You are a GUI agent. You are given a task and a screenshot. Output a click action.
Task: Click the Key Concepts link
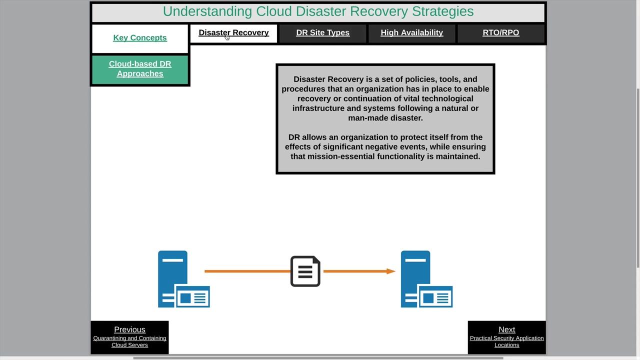click(x=140, y=38)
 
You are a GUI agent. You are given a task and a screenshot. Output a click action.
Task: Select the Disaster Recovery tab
click(x=233, y=33)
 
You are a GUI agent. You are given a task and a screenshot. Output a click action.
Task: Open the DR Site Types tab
click(x=322, y=33)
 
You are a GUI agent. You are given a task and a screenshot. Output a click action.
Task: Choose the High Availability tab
click(x=411, y=33)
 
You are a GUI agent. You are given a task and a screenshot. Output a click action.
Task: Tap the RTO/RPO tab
click(x=500, y=33)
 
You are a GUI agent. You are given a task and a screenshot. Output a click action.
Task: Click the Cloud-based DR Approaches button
click(x=140, y=69)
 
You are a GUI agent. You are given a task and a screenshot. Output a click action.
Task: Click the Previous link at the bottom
click(x=129, y=329)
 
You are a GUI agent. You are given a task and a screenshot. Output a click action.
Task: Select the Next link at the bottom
click(x=506, y=329)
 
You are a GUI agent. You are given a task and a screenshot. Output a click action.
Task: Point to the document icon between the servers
click(x=305, y=271)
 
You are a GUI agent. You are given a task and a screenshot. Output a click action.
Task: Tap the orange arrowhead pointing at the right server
click(x=391, y=271)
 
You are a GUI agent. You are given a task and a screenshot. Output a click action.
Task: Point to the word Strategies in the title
click(x=442, y=11)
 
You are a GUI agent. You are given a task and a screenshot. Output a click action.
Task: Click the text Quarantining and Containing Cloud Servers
click(x=129, y=341)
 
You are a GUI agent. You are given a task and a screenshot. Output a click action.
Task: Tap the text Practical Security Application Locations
click(x=506, y=341)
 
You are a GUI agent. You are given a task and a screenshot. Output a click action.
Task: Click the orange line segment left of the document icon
click(x=247, y=271)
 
